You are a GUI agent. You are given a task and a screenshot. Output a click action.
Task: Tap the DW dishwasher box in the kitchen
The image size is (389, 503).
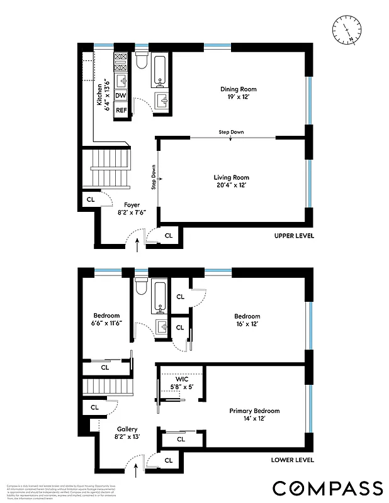[121, 96]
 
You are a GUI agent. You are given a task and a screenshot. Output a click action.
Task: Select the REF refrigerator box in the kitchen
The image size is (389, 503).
[121, 110]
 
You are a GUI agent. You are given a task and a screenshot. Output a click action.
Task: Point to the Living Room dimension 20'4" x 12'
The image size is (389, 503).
[232, 185]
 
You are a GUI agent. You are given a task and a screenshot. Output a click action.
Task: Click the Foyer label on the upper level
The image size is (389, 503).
[131, 205]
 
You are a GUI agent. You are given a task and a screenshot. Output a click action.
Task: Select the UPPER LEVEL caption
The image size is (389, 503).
[293, 236]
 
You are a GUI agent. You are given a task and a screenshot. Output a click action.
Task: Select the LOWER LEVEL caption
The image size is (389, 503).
[293, 460]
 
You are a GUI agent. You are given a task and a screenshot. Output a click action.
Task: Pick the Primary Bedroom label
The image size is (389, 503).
[254, 411]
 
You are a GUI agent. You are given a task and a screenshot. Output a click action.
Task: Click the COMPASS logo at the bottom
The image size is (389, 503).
[327, 488]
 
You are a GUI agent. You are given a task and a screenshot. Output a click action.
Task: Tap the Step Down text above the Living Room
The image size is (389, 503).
[231, 132]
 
